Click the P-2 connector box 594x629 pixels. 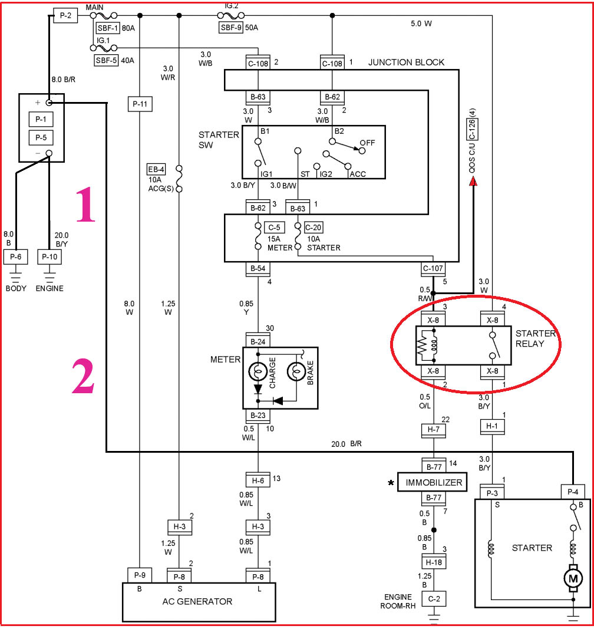pos(65,16)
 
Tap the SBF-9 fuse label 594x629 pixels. pos(230,27)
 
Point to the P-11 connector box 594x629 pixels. pos(140,104)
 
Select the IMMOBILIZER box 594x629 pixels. pos(433,482)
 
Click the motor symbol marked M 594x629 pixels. pos(572,579)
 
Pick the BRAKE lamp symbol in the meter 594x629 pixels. pos(296,372)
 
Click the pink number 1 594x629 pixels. pos(85,204)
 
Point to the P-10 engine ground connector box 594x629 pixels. pos(49,257)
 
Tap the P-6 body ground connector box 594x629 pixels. pos(16,257)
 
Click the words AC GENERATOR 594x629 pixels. pos(197,601)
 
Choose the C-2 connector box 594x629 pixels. pos(433,600)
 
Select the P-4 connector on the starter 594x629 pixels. pos(572,492)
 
